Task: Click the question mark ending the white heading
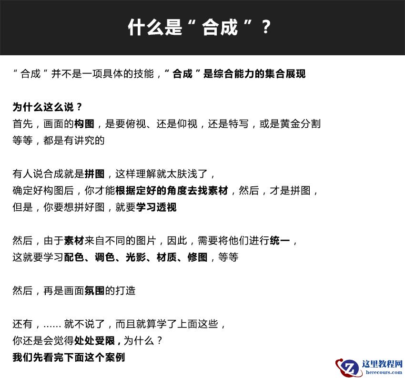pos(266,28)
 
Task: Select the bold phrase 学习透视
pos(156,207)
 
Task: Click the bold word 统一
pos(280,241)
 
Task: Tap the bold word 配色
pos(74,257)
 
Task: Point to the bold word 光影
pos(136,257)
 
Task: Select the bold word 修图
pos(197,257)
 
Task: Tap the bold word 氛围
pos(94,291)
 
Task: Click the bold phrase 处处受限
pos(94,341)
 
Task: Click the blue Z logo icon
pos(350,368)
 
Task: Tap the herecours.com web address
pos(383,373)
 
